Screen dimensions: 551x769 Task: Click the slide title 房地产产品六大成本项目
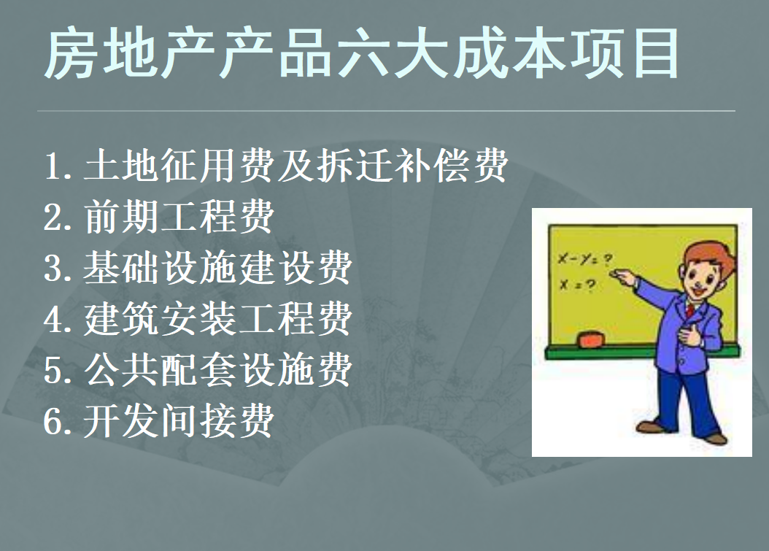click(363, 55)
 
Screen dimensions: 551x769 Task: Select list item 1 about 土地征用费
click(276, 166)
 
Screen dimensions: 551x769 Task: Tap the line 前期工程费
click(158, 217)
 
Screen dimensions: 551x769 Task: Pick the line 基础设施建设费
click(198, 268)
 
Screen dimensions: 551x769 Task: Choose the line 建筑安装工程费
click(198, 319)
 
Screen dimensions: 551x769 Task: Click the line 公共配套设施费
click(198, 370)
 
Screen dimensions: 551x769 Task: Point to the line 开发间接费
click(158, 421)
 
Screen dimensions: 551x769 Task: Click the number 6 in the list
click(55, 422)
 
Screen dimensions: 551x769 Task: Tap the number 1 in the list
click(55, 167)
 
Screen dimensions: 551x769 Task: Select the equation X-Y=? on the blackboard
click(584, 258)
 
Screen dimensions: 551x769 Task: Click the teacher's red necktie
click(689, 311)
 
